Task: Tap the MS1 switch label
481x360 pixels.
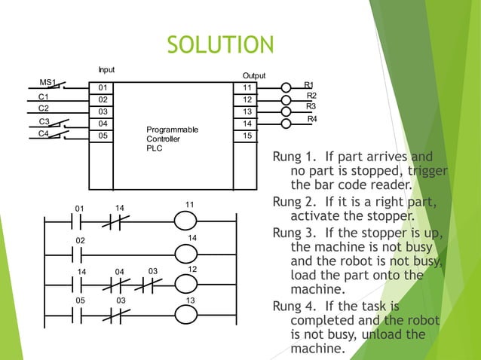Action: click(47, 81)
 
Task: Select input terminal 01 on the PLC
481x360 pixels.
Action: click(103, 88)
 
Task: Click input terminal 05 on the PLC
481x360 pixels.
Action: click(103, 136)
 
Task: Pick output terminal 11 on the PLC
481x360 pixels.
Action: click(247, 87)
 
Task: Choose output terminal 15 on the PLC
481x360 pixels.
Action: click(247, 136)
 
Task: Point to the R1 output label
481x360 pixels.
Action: click(309, 85)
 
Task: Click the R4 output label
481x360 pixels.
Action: click(312, 120)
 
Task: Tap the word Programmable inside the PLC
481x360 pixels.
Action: click(173, 130)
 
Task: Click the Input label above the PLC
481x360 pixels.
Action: click(106, 69)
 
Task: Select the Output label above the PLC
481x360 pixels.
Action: click(254, 76)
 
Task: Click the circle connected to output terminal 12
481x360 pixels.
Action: click(286, 99)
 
